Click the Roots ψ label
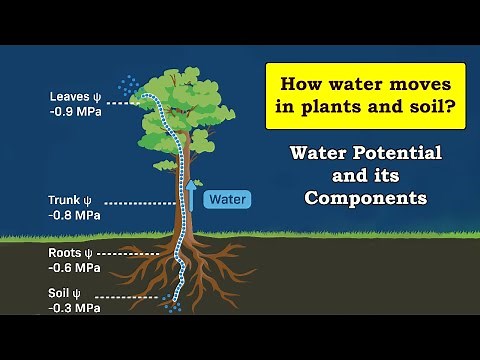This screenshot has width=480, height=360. (x=73, y=253)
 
